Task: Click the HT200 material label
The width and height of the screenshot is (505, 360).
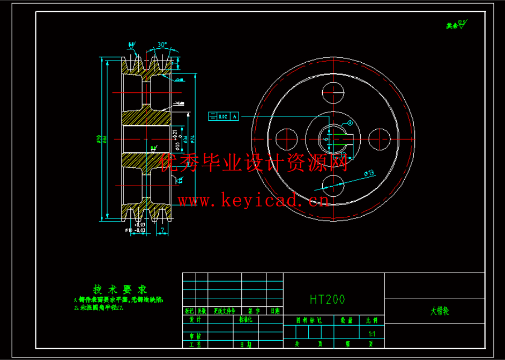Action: coord(327,299)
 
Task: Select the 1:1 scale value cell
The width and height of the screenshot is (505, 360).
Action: coord(372,334)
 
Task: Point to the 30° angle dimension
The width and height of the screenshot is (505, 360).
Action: coord(162,45)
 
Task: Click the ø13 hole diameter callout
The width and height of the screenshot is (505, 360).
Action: coord(368,173)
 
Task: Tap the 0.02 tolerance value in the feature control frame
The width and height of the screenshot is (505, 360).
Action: coord(222,116)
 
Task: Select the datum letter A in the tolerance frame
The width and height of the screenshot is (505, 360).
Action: coord(235,116)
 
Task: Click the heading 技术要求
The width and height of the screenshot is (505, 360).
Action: coord(113,288)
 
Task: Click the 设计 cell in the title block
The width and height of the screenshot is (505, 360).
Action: coord(195,319)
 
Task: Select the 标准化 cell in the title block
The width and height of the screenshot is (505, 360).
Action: coord(247,319)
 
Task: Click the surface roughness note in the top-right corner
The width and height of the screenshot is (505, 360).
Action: coord(456,24)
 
